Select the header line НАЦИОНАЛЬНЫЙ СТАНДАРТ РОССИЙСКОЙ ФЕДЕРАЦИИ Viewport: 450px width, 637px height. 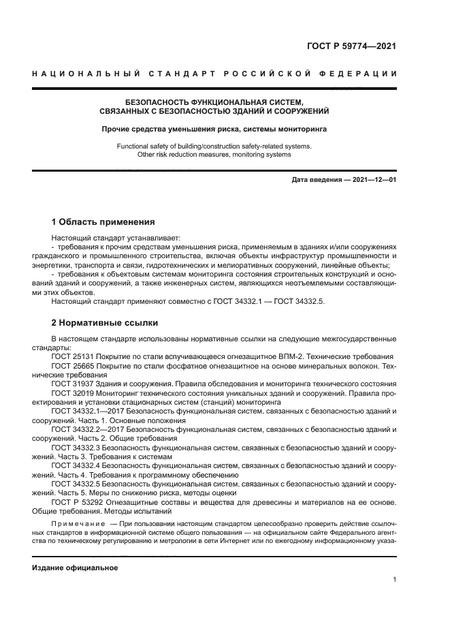[215, 74]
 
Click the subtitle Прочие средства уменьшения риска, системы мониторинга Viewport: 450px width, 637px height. [214, 128]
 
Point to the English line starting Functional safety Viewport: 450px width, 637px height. [214, 146]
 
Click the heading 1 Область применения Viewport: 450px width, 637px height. [103, 222]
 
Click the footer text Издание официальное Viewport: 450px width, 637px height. [75, 568]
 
